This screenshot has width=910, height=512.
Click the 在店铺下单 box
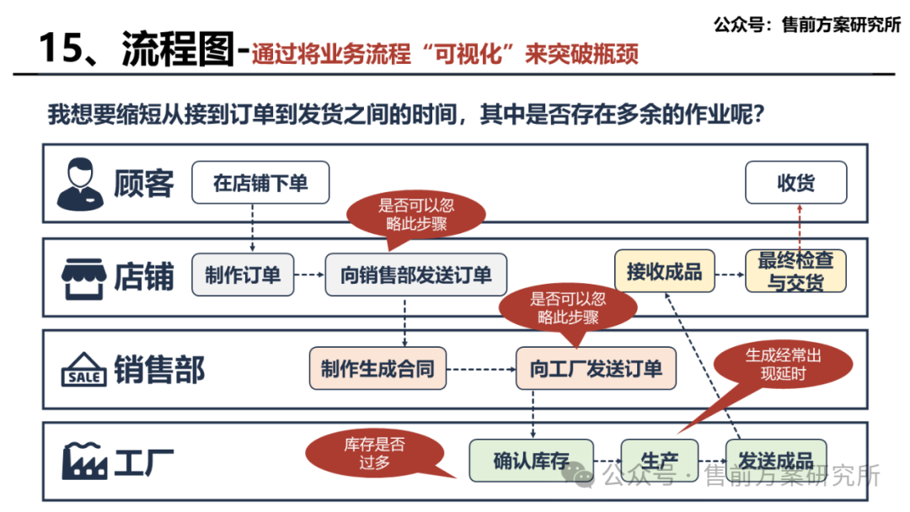[260, 183]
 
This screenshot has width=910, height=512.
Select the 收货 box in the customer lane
[795, 183]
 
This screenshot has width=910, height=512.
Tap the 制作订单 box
[243, 275]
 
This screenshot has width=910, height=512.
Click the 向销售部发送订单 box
[415, 275]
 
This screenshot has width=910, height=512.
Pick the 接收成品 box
[664, 271]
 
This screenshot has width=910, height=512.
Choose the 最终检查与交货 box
[795, 271]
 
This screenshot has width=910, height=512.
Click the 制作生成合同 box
[377, 369]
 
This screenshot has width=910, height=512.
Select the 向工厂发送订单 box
[596, 369]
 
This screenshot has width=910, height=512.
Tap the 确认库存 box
[531, 461]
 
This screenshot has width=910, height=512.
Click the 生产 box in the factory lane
[659, 460]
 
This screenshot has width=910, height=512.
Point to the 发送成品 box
[775, 460]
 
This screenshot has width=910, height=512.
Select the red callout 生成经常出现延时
[783, 364]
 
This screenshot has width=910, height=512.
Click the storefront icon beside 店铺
[83, 277]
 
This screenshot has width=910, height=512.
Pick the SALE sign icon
[84, 371]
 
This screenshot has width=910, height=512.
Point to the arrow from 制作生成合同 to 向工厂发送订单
[479, 369]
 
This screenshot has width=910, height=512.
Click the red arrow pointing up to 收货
[796, 227]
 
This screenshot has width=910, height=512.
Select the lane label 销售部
[159, 370]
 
